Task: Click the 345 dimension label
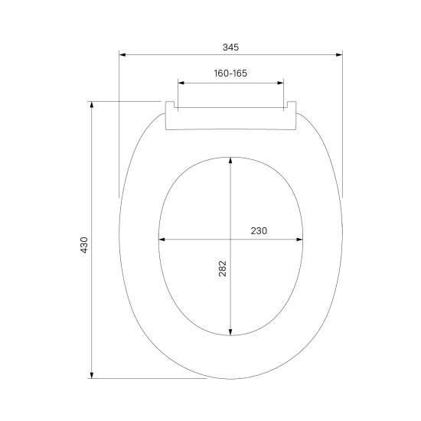pos(230,47)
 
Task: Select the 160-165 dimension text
pos(230,73)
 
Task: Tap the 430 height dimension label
pos(84,245)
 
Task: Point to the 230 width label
pos(259,231)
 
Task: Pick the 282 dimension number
pos(223,269)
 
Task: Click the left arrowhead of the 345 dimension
pos(122,55)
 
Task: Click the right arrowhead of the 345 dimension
pos(339,55)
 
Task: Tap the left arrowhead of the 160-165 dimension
pos(181,83)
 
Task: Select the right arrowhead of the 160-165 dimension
pos(281,83)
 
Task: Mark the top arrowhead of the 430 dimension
pos(92,105)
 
